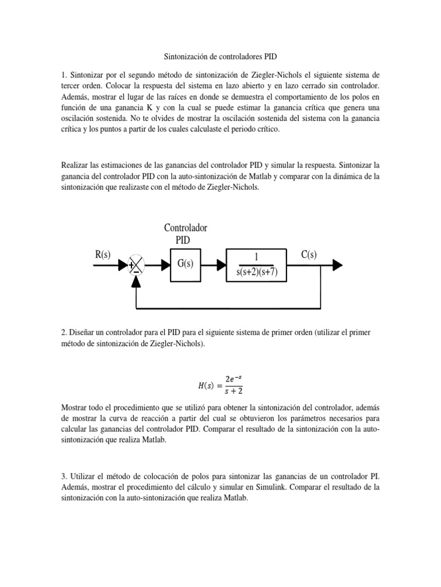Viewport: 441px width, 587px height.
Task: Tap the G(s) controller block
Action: tap(185, 264)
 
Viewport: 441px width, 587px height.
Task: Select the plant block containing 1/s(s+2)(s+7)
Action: tap(257, 264)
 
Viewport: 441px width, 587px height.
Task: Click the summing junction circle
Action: tap(136, 264)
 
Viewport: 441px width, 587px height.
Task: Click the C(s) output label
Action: tap(309, 255)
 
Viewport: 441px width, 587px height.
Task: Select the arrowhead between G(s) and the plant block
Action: tap(221, 264)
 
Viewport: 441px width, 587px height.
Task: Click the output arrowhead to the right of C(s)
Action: tap(338, 264)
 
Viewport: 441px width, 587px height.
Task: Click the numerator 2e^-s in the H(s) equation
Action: tap(234, 378)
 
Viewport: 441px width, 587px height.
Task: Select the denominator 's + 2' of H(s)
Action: tap(234, 392)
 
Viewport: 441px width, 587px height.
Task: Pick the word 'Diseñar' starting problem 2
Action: tap(83, 332)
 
